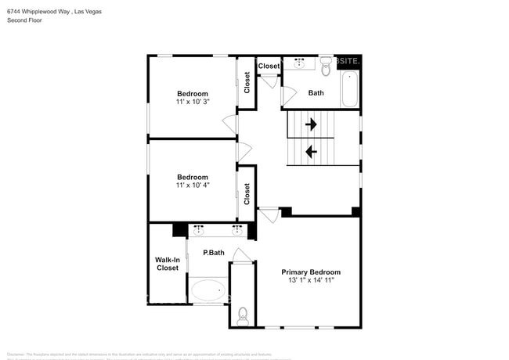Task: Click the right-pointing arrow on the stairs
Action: [311, 124]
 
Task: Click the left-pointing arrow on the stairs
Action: [311, 152]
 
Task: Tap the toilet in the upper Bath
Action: [327, 66]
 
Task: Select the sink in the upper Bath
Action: [298, 63]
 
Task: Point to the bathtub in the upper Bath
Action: [350, 89]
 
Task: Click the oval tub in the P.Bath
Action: [209, 290]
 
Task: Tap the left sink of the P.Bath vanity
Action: [199, 230]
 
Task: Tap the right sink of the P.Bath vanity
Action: [236, 230]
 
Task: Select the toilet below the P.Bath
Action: [243, 316]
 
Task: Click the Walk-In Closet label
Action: [167, 264]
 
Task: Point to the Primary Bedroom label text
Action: [311, 272]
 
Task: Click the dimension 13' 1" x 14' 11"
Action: [311, 281]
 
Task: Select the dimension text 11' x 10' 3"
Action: [192, 102]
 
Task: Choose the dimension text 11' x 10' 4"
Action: [192, 185]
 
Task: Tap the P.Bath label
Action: [214, 253]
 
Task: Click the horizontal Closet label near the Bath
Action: [269, 67]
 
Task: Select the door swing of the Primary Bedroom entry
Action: [269, 215]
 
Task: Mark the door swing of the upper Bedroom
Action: [229, 124]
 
